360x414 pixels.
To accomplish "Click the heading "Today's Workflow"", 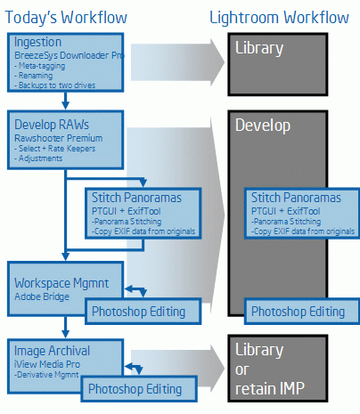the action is [66, 18].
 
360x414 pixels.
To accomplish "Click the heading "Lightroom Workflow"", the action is [279, 18].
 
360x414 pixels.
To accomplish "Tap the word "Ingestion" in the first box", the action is [38, 43].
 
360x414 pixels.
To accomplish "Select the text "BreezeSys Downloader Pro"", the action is [70, 55].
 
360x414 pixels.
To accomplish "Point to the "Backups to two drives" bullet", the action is [55, 85].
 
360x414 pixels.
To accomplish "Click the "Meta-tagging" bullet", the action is [40, 66].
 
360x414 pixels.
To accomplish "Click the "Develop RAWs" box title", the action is [52, 125].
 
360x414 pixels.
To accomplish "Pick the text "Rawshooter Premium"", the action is [59, 138].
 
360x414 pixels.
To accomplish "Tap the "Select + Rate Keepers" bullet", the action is [55, 149].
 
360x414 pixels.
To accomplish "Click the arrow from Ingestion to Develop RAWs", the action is [66, 101].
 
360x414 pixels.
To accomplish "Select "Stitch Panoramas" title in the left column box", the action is [136, 198].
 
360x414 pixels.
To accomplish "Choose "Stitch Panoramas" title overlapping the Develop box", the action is [296, 198].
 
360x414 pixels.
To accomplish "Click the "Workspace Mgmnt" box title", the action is [61, 283].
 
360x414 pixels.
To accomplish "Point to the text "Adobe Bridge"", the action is [42, 296].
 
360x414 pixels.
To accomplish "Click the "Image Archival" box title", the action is [52, 351].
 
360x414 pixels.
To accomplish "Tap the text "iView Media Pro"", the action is [47, 364].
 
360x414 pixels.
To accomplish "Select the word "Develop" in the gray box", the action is [263, 126].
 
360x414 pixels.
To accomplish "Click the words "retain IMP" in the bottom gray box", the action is [270, 388].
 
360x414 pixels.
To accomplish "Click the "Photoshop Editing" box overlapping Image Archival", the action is [139, 389].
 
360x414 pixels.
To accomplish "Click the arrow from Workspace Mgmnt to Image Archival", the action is [66, 327].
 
